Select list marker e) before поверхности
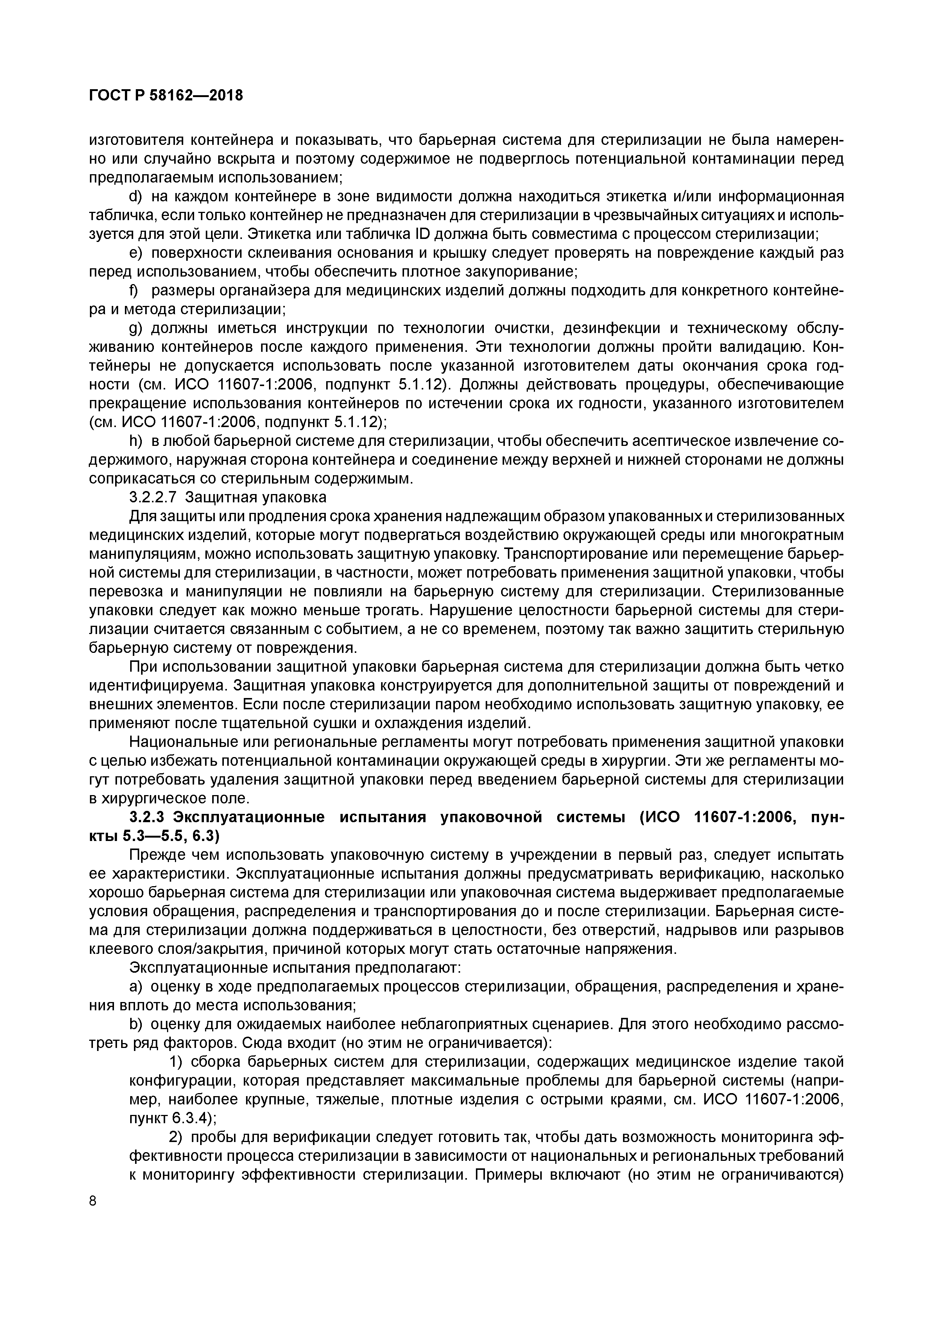coord(136,253)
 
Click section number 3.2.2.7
coord(153,497)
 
